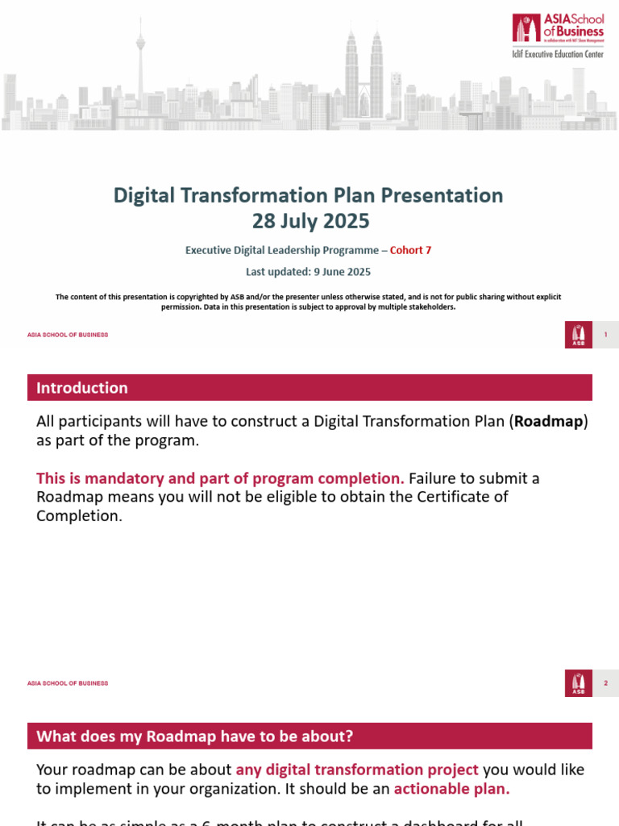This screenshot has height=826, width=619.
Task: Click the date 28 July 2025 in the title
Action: pyautogui.click(x=309, y=221)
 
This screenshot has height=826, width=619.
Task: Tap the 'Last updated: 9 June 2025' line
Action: pyautogui.click(x=309, y=273)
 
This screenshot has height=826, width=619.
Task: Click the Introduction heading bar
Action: pyautogui.click(x=309, y=388)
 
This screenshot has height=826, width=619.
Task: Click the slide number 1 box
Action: pyautogui.click(x=605, y=335)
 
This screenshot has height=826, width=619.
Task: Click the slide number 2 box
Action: pyautogui.click(x=605, y=683)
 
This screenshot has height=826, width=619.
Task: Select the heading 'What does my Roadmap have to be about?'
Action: pyautogui.click(x=195, y=736)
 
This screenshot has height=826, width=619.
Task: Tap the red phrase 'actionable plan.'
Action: pyautogui.click(x=451, y=789)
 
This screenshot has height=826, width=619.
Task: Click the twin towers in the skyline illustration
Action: pyautogui.click(x=364, y=77)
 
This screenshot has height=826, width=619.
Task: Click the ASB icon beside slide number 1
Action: pyautogui.click(x=578, y=335)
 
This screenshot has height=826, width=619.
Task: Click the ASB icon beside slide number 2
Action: pyautogui.click(x=578, y=683)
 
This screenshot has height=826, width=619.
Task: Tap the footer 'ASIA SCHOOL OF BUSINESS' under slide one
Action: pyautogui.click(x=68, y=335)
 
